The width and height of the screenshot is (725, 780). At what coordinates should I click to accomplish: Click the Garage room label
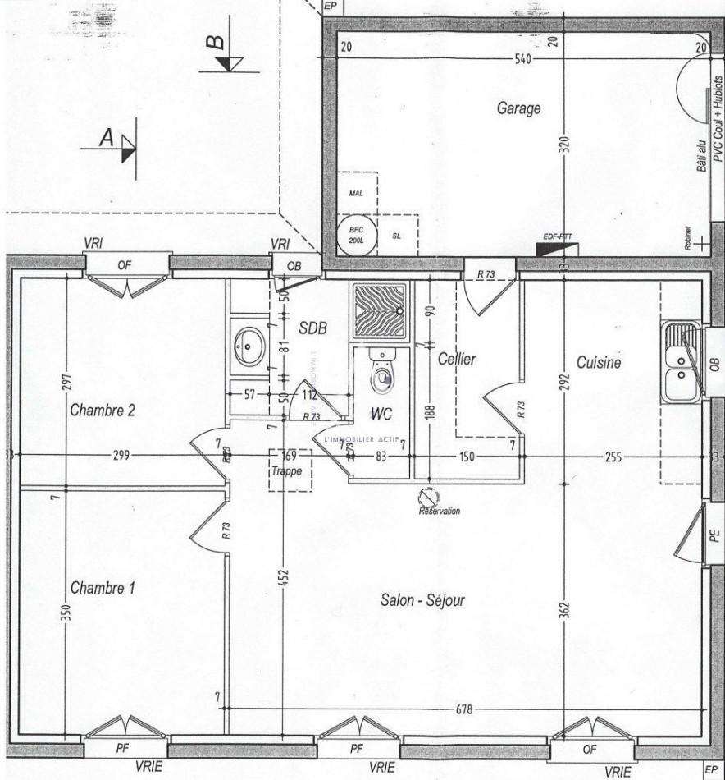click(x=518, y=108)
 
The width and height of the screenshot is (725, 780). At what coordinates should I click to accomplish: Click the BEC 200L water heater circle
click(x=356, y=235)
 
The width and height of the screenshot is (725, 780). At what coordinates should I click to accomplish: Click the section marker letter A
click(x=106, y=140)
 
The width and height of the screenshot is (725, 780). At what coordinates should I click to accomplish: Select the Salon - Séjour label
click(x=422, y=601)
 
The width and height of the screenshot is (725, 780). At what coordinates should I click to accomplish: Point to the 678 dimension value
click(x=463, y=709)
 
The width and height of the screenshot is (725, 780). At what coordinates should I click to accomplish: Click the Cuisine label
click(x=599, y=363)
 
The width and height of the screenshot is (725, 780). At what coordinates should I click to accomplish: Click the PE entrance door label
click(x=714, y=535)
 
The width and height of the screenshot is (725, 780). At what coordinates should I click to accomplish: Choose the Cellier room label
click(x=456, y=359)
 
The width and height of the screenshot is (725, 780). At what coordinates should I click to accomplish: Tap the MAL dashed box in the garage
click(x=356, y=194)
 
